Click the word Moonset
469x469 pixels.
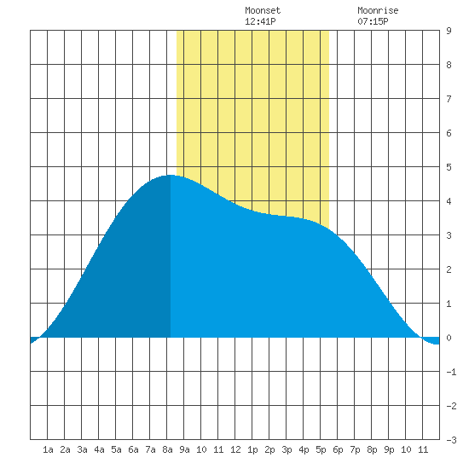[x=263, y=10]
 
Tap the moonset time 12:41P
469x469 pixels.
[x=260, y=21]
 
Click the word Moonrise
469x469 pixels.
[x=378, y=10]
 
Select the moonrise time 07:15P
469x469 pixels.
[x=373, y=21]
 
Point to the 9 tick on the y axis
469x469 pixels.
[x=449, y=31]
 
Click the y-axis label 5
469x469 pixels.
[x=449, y=167]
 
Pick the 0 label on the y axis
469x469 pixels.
[x=449, y=338]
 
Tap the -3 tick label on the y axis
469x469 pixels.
[x=451, y=440]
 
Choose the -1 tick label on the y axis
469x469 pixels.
[x=451, y=372]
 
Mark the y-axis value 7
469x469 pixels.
[x=449, y=99]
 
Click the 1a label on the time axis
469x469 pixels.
[x=48, y=449]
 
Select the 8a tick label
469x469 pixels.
[x=167, y=449]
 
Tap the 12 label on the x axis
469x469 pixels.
[x=235, y=449]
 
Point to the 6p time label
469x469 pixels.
[x=338, y=449]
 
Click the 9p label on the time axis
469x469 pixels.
[x=389, y=449]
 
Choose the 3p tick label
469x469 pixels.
[x=287, y=449]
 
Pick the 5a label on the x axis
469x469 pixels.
[x=116, y=449]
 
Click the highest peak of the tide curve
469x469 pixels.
[x=171, y=175]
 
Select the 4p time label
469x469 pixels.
[x=304, y=449]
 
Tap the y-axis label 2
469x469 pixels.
[x=449, y=269]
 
